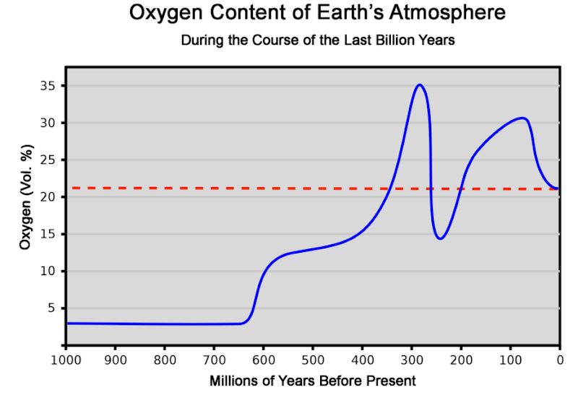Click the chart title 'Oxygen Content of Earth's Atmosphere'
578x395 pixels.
[x=317, y=13]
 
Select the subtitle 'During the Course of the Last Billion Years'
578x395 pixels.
[x=318, y=40]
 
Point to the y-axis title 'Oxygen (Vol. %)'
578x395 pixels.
[x=26, y=206]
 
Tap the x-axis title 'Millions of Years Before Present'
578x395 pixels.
[x=312, y=381]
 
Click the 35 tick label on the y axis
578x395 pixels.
[x=49, y=86]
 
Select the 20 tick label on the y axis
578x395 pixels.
[x=49, y=197]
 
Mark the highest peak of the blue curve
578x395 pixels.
[x=419, y=84]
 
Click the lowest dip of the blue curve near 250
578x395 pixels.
[x=440, y=238]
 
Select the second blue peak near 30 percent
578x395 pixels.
[x=522, y=118]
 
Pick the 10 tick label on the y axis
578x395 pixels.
[x=49, y=272]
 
